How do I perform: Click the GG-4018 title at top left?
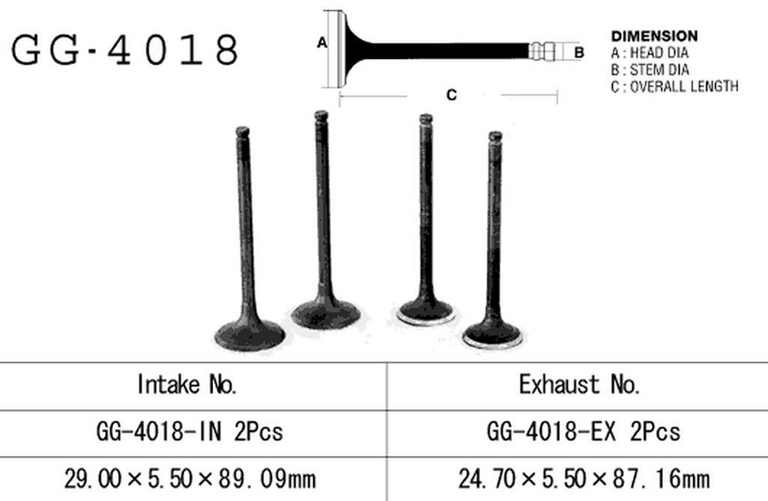[x=125, y=50]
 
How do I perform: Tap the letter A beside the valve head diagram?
[x=322, y=43]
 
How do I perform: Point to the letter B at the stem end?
[x=579, y=52]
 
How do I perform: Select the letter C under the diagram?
[x=452, y=95]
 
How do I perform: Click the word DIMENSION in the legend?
[x=654, y=36]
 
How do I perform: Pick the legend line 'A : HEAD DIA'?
[x=650, y=53]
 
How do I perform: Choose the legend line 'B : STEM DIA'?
[x=650, y=70]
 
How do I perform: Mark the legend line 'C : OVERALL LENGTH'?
[x=674, y=87]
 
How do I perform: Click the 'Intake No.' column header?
[x=187, y=384]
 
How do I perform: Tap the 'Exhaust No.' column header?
[x=580, y=384]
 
